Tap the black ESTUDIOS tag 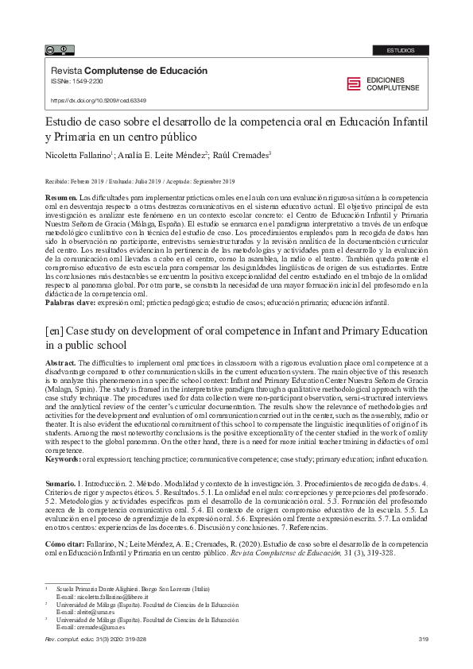pos(401,50)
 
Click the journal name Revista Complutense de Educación pos(129,71)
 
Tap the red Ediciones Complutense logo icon pos(353,84)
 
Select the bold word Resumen pos(60,195)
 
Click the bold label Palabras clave pos(68,303)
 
